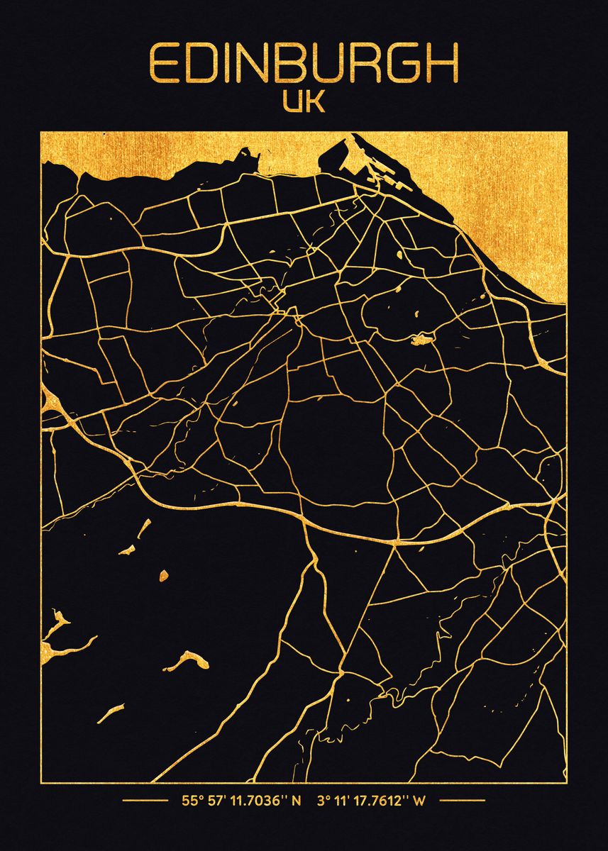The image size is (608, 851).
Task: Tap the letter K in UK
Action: tap(315, 101)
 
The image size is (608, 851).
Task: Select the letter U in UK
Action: tap(293, 101)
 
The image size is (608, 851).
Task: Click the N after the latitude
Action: tap(297, 802)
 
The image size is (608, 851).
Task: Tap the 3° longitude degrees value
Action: tap(324, 802)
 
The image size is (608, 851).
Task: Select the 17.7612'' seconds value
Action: tap(382, 802)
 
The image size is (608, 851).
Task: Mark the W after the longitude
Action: tap(420, 802)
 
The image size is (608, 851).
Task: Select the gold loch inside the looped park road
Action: tap(422, 340)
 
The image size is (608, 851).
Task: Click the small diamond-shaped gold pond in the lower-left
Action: tap(163, 574)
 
